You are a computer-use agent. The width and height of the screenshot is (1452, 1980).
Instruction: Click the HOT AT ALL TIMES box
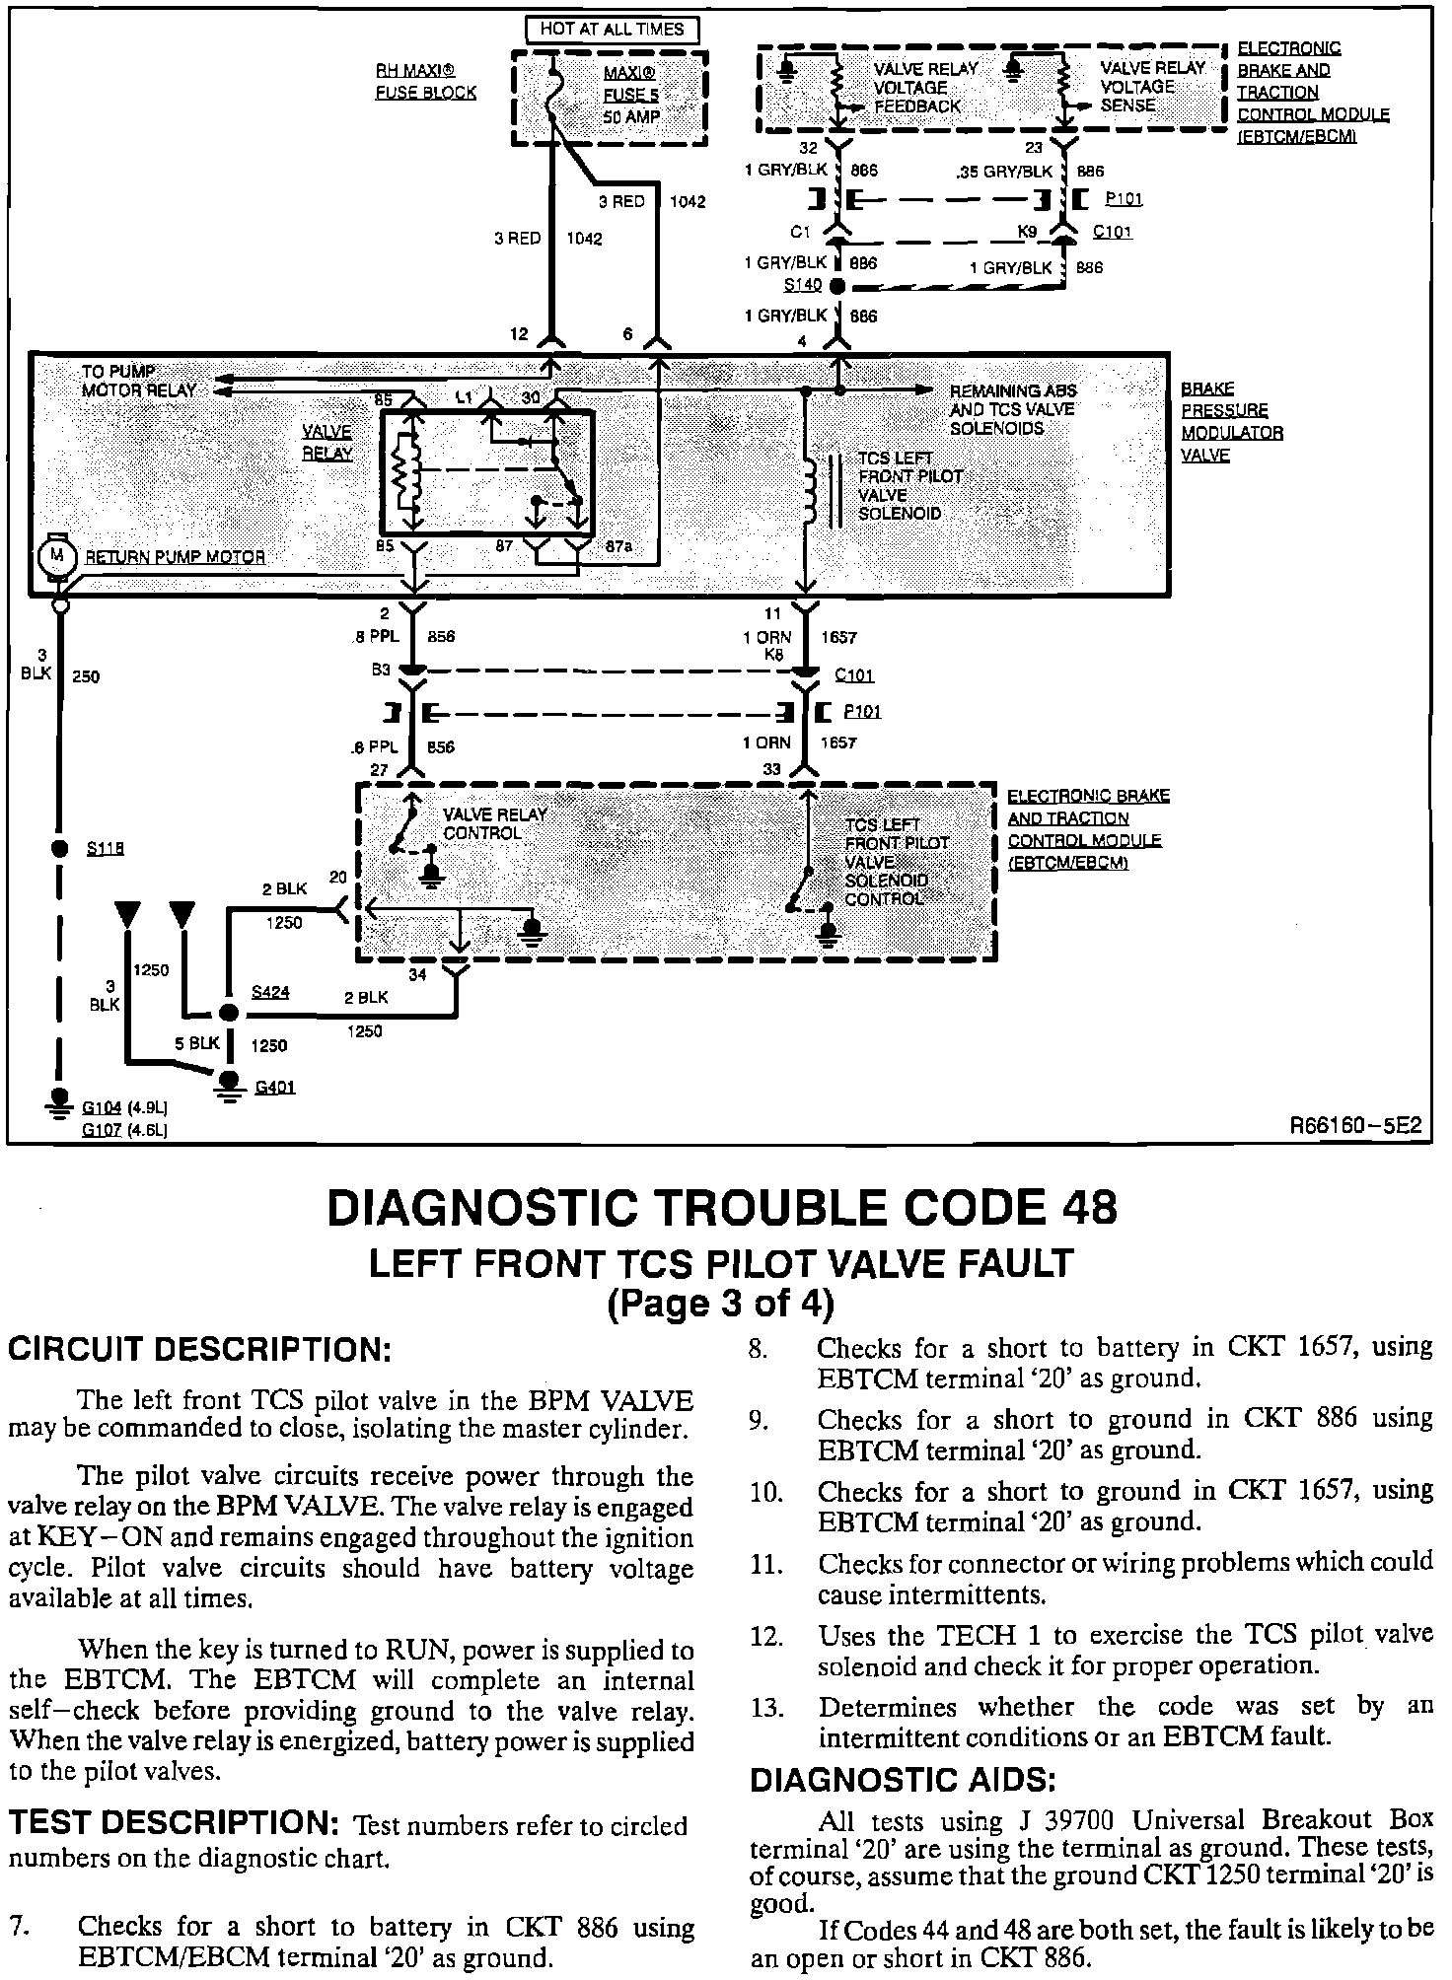611,29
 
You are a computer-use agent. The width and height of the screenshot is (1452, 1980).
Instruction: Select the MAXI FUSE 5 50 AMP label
631,96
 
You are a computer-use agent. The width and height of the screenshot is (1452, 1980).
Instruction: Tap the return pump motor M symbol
56,556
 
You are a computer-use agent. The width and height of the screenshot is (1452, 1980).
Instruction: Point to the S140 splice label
802,285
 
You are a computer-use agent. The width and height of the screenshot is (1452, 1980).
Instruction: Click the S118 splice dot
58,848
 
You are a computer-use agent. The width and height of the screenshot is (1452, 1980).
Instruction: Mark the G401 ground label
274,1088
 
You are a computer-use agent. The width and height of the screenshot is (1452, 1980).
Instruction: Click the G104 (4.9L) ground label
123,1108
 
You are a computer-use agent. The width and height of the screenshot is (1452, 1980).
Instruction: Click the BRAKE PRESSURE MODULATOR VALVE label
1231,422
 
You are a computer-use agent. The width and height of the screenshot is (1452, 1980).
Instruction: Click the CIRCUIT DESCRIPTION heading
199,1349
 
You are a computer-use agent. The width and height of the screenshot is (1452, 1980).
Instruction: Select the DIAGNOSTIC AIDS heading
903,1781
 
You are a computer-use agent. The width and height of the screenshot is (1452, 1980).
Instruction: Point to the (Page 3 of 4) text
720,1304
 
